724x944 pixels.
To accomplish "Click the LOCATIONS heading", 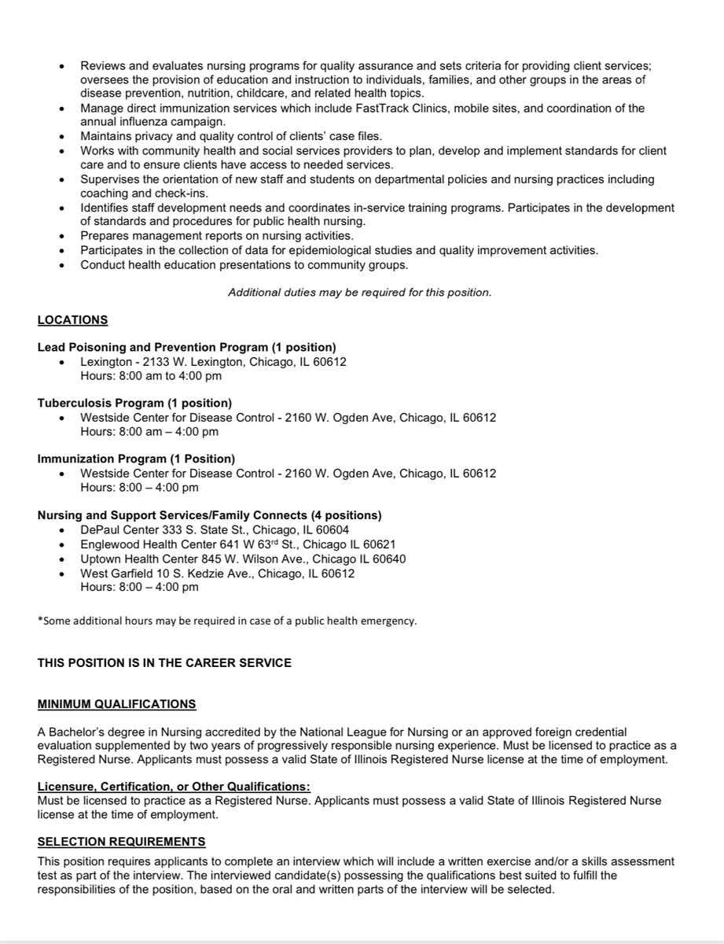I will coord(73,320).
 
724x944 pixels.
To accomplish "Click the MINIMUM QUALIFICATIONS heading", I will coord(117,703).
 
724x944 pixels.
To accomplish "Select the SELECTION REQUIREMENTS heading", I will coord(122,842).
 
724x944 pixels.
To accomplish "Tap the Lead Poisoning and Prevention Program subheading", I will coord(187,348).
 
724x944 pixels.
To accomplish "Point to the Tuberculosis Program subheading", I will coord(134,403).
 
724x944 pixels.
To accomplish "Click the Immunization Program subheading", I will coord(136,459).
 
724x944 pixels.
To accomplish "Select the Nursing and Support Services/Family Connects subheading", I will coord(209,515).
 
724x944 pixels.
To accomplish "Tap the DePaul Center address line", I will coord(215,529).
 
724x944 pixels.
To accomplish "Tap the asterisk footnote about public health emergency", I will coord(227,621).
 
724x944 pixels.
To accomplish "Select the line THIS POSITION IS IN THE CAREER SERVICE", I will coord(164,663).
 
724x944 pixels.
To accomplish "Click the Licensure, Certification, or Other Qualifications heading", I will coord(174,786).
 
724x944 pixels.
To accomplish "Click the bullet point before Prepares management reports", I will coord(63,237).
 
